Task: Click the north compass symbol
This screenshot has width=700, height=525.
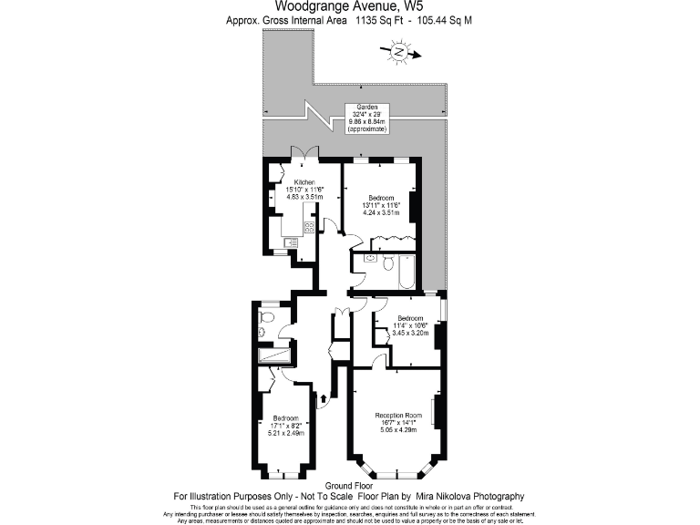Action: coord(398,54)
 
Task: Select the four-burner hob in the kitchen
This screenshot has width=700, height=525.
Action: coord(309,227)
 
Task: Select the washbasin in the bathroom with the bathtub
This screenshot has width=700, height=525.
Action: coord(368,259)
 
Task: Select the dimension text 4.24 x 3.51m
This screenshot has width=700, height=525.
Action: coord(381,212)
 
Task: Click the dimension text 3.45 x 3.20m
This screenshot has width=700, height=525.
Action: coord(410,333)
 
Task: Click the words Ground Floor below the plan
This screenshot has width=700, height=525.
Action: coord(349,487)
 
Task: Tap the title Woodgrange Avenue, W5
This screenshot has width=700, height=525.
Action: coord(349,5)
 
